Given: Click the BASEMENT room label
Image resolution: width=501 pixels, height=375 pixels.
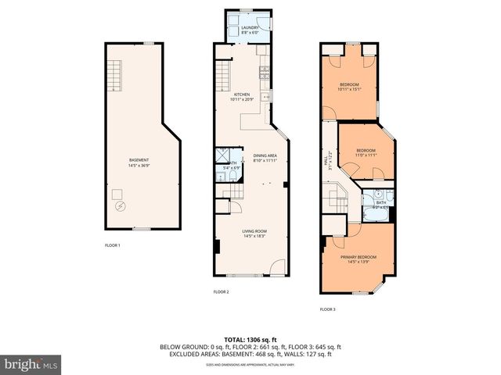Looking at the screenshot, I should click(138, 160).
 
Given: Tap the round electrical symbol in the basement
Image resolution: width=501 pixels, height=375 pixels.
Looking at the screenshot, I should click(120, 207).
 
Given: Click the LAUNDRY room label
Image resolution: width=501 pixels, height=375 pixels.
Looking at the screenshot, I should click(250, 27).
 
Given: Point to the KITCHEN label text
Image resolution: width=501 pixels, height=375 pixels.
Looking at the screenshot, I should click(241, 95).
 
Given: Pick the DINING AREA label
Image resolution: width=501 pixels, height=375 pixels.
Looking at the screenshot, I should click(265, 156).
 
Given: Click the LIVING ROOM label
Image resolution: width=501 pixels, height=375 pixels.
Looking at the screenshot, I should click(254, 231).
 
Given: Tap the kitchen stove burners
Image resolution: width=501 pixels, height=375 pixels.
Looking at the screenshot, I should click(265, 74).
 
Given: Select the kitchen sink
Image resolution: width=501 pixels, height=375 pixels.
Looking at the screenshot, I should click(266, 98).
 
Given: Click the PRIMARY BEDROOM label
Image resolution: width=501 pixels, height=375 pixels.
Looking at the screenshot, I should click(359, 257).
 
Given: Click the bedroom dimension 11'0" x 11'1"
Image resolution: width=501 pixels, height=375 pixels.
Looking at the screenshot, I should click(366, 155).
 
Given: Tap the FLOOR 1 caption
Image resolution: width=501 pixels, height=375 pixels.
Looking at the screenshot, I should click(113, 245).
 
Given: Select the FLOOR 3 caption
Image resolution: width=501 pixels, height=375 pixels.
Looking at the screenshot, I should click(328, 309).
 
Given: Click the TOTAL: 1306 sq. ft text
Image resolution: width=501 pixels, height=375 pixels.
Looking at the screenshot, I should click(250, 340).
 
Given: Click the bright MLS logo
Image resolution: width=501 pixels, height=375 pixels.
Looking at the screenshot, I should click(31, 364).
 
